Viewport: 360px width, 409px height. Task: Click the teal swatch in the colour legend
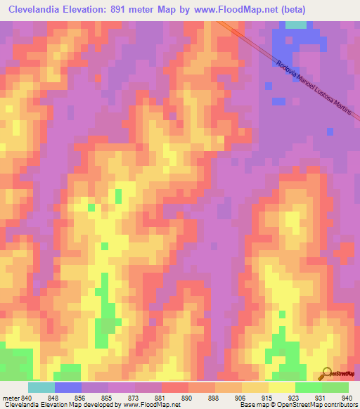[x=41, y=387]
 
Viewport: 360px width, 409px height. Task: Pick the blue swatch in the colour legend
[x=68, y=387]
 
